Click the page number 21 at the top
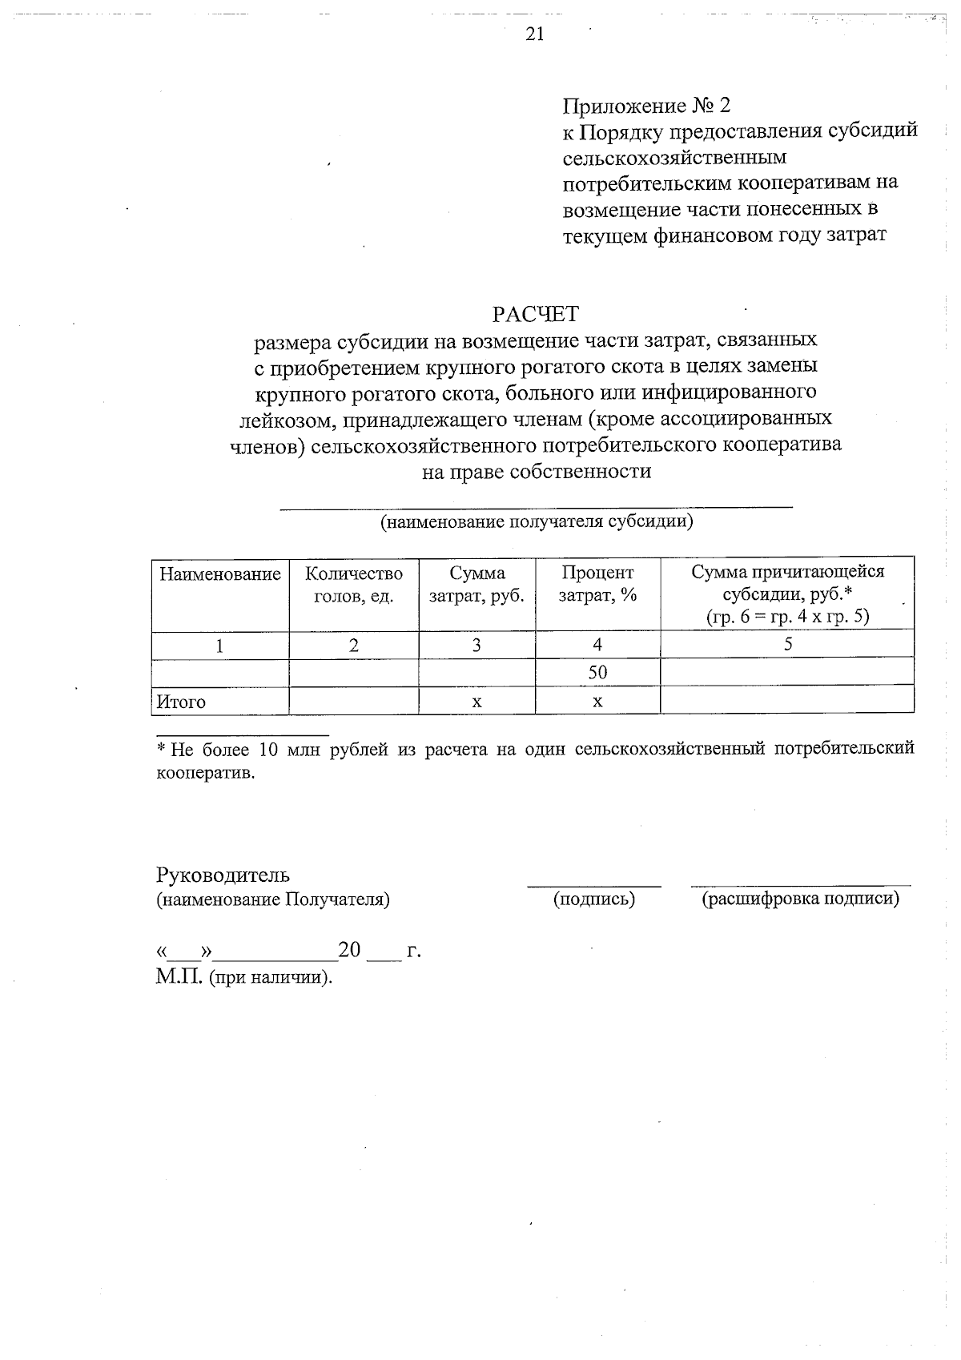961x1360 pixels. coord(535,34)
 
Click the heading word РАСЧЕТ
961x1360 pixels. coord(535,313)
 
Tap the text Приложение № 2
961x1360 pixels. coord(646,106)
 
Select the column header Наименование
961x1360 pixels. coord(220,574)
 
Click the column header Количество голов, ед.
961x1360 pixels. coord(354,585)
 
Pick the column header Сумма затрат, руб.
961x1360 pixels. coord(477,585)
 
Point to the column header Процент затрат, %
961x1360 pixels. coord(597,585)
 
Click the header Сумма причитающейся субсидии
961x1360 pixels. coord(787,593)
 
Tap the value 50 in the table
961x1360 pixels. coord(597,673)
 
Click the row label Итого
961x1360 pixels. coord(181,702)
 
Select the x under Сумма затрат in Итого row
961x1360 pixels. coord(476,702)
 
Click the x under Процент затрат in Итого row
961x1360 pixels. coord(597,702)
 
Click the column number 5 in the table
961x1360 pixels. coord(787,645)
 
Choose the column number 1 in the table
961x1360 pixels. coord(219,646)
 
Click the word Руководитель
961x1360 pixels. coord(223,875)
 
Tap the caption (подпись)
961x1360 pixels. coord(594,899)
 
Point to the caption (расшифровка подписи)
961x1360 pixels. coord(800,899)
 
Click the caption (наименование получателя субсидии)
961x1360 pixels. coord(536,522)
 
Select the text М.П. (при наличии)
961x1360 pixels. coord(243,978)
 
